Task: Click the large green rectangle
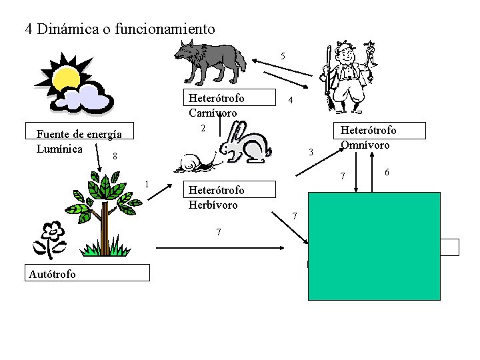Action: point(374,246)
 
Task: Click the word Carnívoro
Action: point(213,113)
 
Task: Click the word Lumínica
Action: point(60,148)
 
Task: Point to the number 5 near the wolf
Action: point(283,56)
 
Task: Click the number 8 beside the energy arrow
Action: point(115,157)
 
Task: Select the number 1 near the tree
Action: point(147,185)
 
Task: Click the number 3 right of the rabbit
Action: point(311,153)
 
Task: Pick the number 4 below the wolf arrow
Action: point(289,101)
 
